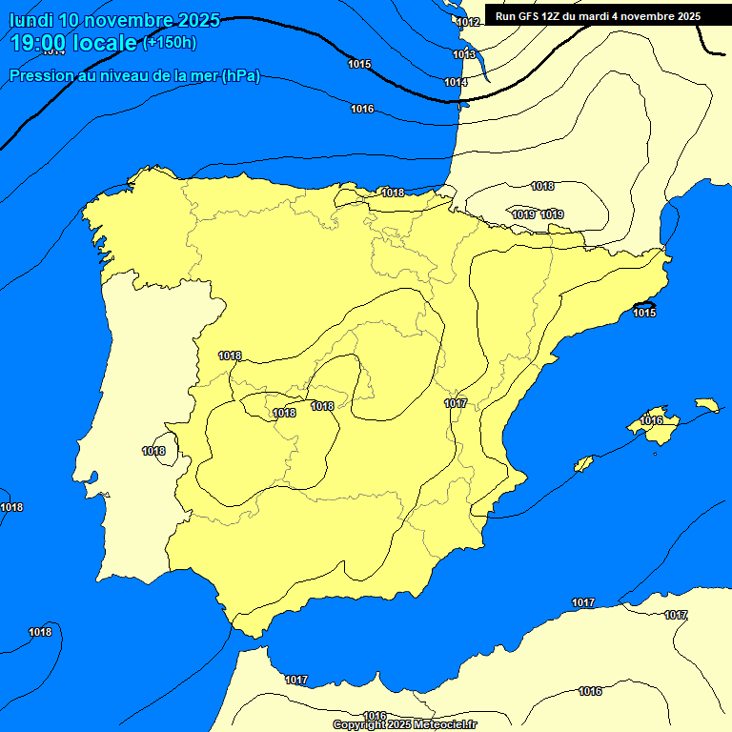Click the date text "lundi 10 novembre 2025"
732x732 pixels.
(114, 20)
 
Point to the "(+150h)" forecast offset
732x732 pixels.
(169, 42)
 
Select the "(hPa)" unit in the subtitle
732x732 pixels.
(240, 76)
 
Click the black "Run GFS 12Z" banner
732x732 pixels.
(598, 16)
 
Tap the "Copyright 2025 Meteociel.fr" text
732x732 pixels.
(404, 724)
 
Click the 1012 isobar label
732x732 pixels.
(468, 22)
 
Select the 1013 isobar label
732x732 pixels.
(464, 54)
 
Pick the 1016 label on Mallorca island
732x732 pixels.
(652, 420)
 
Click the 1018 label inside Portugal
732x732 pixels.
(153, 451)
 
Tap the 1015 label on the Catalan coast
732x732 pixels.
(644, 313)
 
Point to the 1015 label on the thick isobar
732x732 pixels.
(359, 64)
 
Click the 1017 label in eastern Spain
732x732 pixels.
(456, 403)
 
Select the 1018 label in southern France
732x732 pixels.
(542, 186)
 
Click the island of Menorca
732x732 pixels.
(706, 405)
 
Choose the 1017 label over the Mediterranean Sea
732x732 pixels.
(583, 602)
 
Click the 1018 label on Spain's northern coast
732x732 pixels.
(393, 193)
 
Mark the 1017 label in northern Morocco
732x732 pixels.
(296, 680)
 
